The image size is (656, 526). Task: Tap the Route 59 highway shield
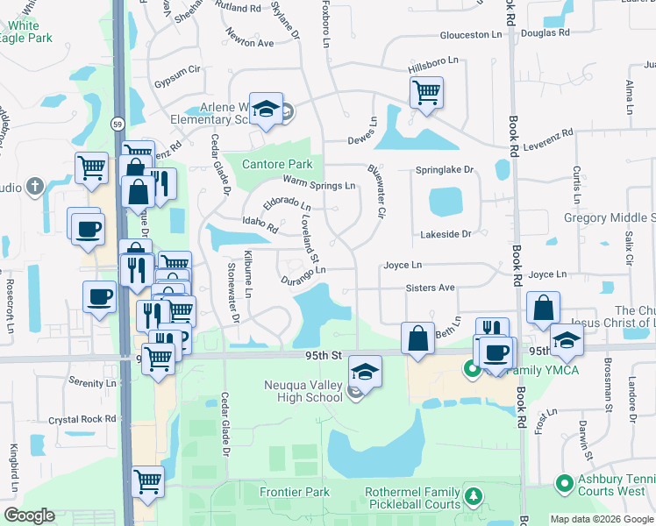118,125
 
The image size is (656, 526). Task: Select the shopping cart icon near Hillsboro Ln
426,91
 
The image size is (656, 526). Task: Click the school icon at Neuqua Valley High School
365,372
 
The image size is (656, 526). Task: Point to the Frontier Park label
295,492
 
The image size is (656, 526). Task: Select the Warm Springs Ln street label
318,185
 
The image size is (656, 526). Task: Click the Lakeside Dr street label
446,234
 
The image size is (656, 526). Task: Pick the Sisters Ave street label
430,288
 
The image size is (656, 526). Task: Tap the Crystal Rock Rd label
83,420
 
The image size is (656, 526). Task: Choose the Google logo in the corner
29,515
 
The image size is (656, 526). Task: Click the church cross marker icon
34,186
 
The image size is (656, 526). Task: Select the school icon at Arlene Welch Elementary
267,109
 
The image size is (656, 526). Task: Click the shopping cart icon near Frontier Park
147,480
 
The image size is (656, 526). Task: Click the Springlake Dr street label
444,169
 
